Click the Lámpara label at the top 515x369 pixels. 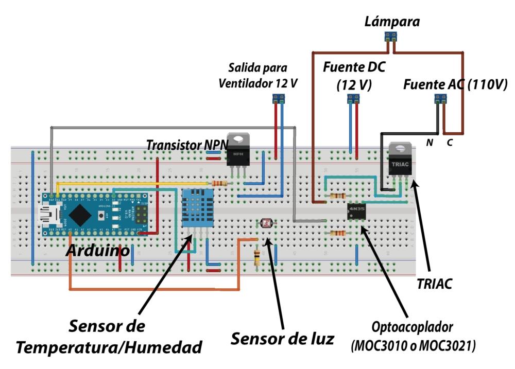392,22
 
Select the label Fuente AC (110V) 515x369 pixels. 455,84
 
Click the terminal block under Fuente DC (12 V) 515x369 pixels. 353,97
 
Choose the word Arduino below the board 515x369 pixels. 98,251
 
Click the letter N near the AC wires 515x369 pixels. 429,143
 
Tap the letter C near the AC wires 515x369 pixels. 449,143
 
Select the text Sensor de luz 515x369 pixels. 282,339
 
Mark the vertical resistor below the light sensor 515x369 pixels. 257,257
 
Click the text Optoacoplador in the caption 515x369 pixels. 413,328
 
